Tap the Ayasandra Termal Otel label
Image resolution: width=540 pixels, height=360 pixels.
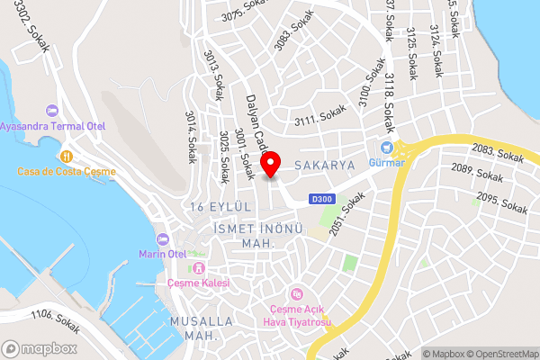[52, 125]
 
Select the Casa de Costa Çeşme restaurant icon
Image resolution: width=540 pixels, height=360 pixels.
[66, 156]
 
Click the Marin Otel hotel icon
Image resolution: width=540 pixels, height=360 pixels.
[162, 239]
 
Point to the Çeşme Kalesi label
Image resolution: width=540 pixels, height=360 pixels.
[198, 283]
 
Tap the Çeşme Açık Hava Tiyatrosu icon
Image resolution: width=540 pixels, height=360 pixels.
[297, 293]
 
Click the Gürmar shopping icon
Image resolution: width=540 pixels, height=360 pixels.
[386, 148]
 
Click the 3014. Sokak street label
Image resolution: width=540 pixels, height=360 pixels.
[191, 137]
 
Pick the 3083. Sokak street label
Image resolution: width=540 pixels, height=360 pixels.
[289, 37]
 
